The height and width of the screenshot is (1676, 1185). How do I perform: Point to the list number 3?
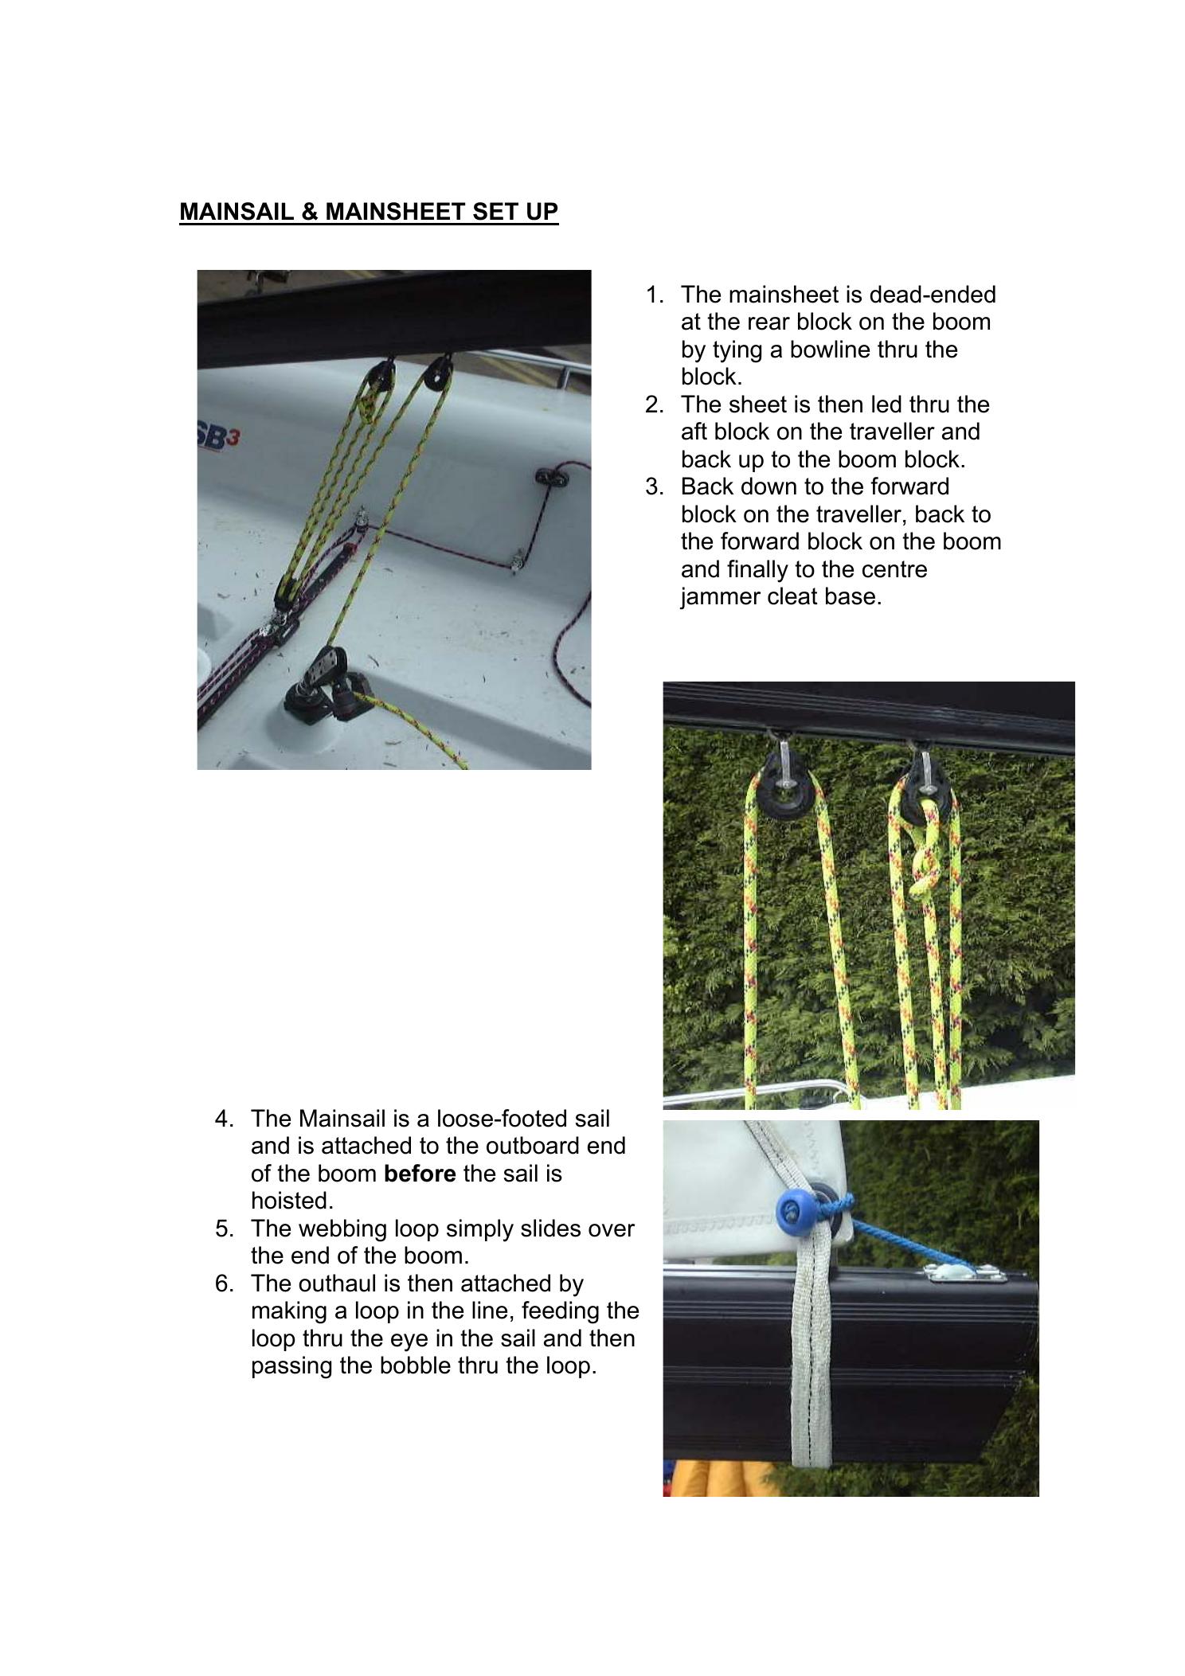tap(654, 486)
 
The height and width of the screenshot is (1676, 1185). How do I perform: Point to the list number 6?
tap(224, 1283)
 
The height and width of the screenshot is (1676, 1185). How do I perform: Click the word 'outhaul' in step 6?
tap(337, 1283)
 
